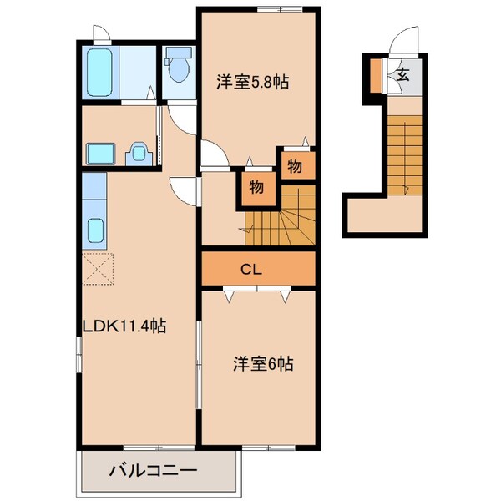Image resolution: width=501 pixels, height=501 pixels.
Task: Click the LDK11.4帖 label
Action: point(124,327)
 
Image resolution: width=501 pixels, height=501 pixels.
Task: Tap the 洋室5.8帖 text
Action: point(253,82)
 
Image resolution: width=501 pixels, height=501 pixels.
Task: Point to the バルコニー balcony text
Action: point(154,472)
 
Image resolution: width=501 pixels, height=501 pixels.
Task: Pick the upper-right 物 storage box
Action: point(294,165)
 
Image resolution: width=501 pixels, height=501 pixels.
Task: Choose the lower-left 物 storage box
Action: point(256,187)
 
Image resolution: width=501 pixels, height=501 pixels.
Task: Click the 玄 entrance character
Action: point(402,75)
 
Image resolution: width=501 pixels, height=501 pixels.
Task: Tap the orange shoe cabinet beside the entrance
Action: point(376,76)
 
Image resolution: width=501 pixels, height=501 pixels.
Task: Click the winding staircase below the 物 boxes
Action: point(280,218)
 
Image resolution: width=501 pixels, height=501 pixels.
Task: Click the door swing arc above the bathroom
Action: point(100,35)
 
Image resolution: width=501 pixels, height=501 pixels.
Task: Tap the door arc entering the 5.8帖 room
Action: point(210,152)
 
